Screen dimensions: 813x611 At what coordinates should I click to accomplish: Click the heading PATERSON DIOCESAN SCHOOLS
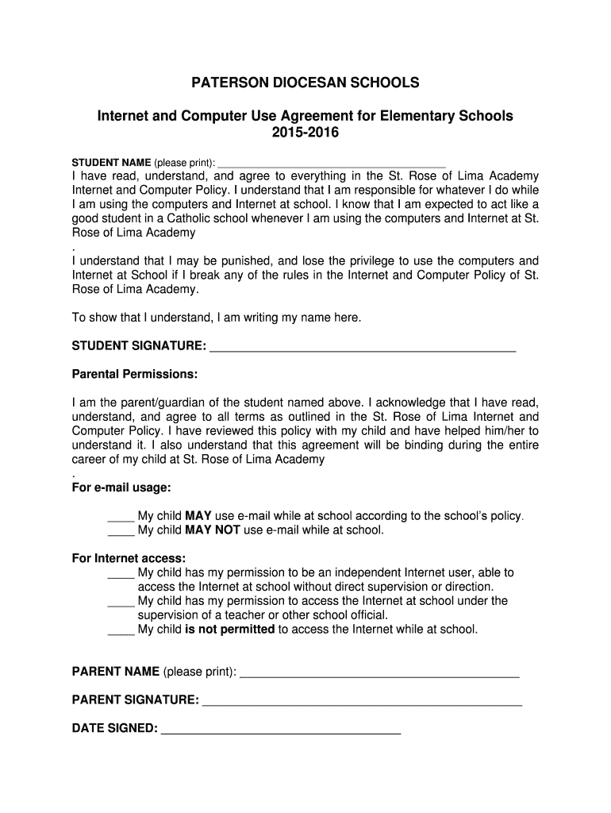click(x=305, y=83)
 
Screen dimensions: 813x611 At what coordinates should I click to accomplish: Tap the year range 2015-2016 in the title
click(x=305, y=133)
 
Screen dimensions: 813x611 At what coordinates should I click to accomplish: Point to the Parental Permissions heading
click(x=135, y=374)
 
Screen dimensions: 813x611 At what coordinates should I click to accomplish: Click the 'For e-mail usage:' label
click(x=121, y=487)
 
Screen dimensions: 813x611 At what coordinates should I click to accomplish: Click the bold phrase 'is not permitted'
click(x=229, y=630)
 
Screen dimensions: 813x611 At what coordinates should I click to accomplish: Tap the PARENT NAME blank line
click(x=379, y=675)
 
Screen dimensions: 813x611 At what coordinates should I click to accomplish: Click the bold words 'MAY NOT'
click(x=212, y=530)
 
